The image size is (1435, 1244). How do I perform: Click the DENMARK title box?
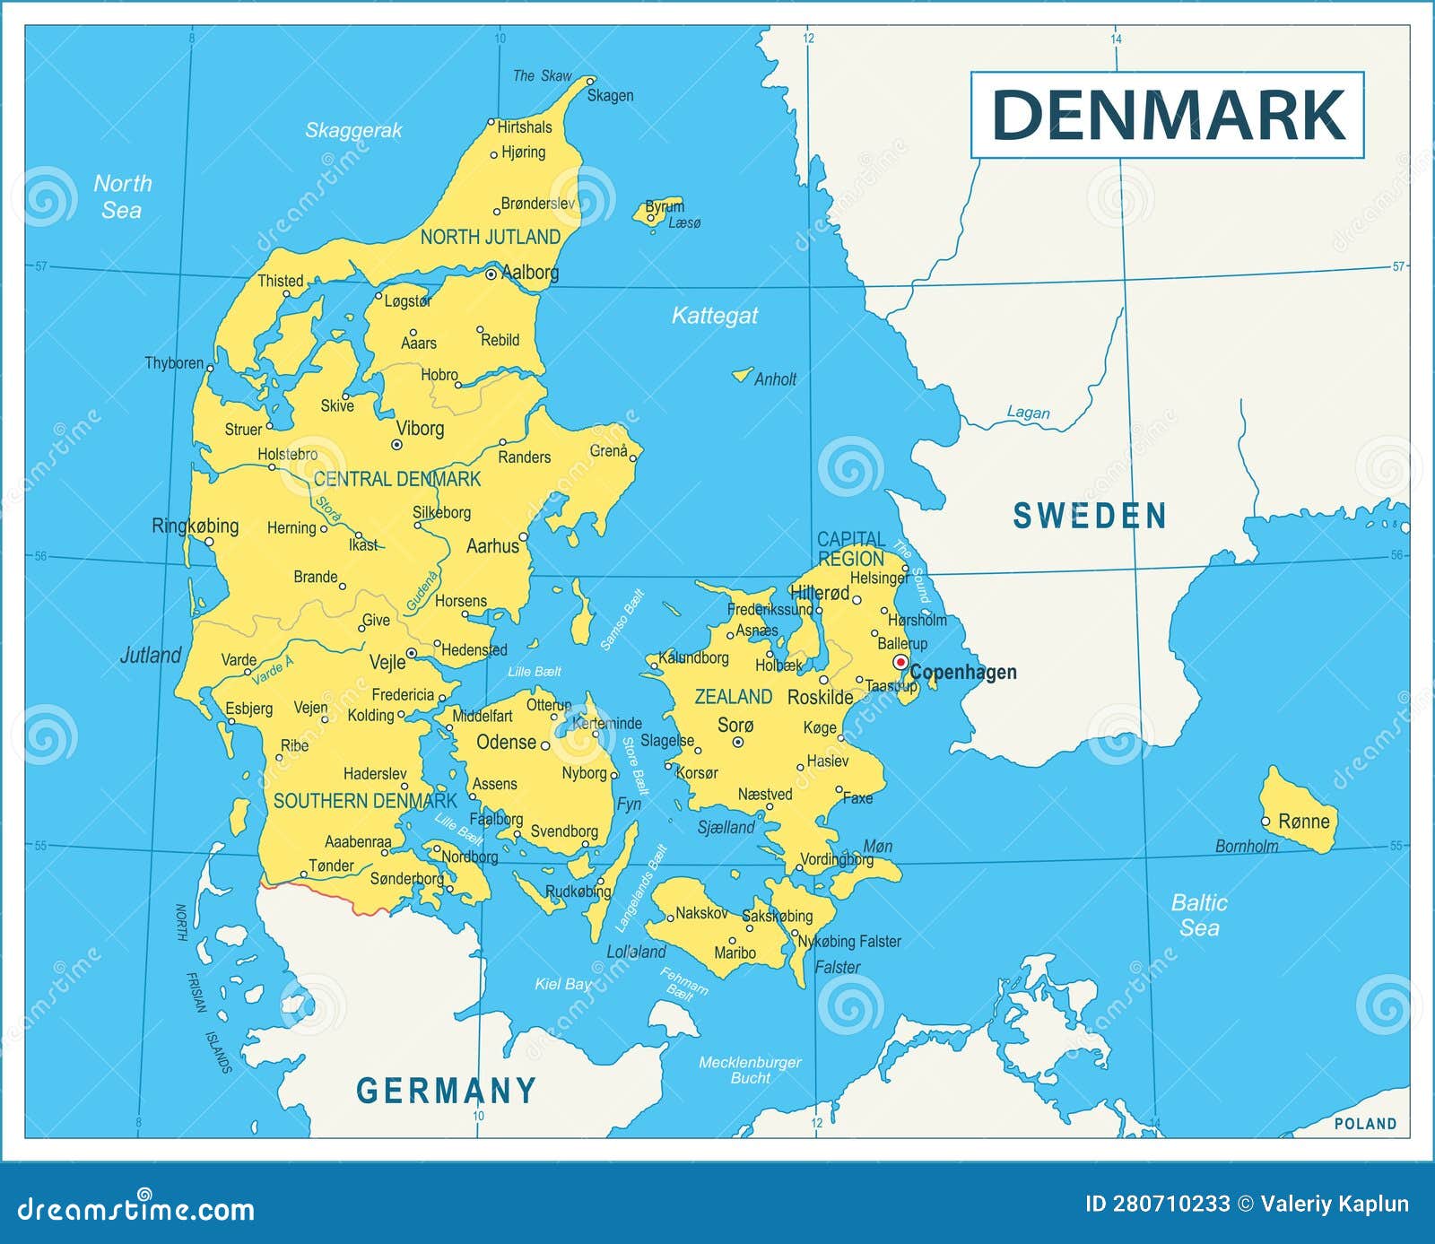(1167, 115)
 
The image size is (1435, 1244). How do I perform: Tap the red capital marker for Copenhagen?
(900, 662)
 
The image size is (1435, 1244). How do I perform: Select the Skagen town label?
(610, 95)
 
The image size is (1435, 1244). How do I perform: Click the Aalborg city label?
(529, 272)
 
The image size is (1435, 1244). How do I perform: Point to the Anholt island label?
(774, 379)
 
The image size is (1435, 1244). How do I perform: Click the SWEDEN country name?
(1089, 516)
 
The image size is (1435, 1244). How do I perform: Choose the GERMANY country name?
(446, 1091)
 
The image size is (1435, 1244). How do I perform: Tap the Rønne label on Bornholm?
(1303, 821)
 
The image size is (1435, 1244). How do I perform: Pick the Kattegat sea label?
(714, 316)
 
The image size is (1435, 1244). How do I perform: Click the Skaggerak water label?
(353, 130)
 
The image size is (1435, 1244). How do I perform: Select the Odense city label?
(506, 742)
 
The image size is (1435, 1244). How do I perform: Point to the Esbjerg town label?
(248, 709)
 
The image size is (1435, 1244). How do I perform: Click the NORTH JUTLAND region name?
(490, 237)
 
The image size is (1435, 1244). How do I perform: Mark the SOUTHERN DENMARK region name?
(365, 801)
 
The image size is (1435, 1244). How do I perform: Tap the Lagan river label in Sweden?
(1028, 413)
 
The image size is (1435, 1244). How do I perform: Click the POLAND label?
(1365, 1124)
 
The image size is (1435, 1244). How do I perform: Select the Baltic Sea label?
(1199, 915)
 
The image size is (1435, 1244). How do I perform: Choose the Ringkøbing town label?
(195, 526)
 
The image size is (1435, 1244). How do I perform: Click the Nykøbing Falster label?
(848, 941)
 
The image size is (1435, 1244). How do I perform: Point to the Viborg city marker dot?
(396, 444)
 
